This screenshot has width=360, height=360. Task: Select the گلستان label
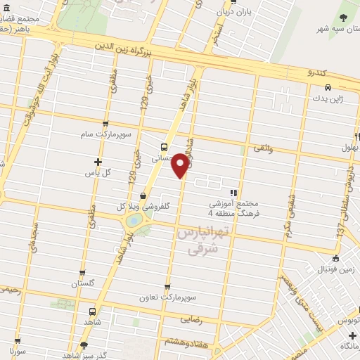coord(82,284)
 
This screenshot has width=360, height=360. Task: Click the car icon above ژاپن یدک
coord(328,89)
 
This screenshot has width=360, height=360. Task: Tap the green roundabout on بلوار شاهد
coord(132,221)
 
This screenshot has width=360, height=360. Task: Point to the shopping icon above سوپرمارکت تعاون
coord(167,286)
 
